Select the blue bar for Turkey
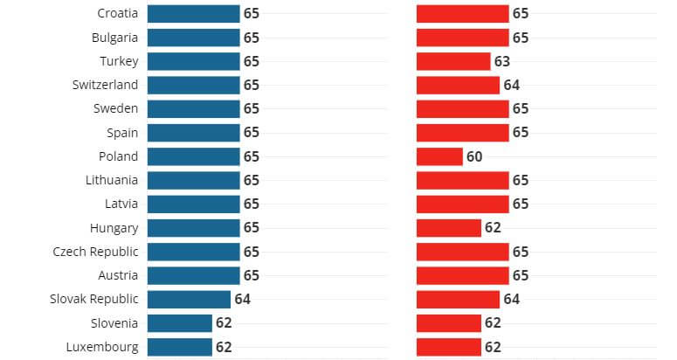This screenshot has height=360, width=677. pyautogui.click(x=193, y=61)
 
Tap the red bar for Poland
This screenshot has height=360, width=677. pyautogui.click(x=439, y=156)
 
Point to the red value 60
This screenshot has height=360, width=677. pyautogui.click(x=474, y=156)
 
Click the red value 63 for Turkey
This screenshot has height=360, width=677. pyautogui.click(x=501, y=61)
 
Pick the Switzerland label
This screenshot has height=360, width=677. pyautogui.click(x=105, y=85)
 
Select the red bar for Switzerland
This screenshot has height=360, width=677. pyautogui.click(x=458, y=85)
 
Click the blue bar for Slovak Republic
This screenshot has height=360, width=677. pyautogui.click(x=189, y=299)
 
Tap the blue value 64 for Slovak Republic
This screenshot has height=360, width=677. pyautogui.click(x=242, y=299)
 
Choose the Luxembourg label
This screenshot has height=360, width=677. pyautogui.click(x=101, y=347)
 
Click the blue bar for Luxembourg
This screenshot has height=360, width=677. pyautogui.click(x=179, y=347)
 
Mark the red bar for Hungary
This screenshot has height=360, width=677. pyautogui.click(x=449, y=228)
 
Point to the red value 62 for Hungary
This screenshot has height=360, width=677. pyautogui.click(x=493, y=228)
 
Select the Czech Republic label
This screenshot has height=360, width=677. pyautogui.click(x=94, y=252)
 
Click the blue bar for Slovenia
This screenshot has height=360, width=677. pyautogui.click(x=179, y=323)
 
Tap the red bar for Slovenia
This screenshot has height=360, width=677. pyautogui.click(x=449, y=323)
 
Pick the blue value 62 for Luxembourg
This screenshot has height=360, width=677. pyautogui.click(x=224, y=347)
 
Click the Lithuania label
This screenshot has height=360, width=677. pyautogui.click(x=113, y=180)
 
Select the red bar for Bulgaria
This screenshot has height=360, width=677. pyautogui.click(x=462, y=38)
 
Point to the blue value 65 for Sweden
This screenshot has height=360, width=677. pyautogui.click(x=252, y=109)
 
